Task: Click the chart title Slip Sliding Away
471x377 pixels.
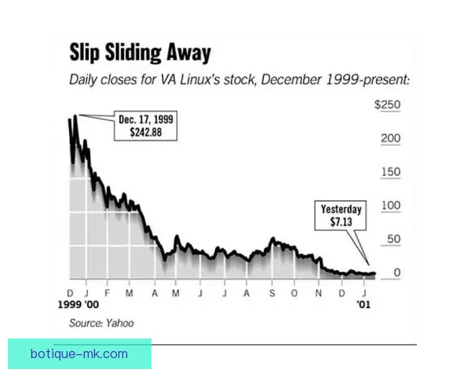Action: [141, 53]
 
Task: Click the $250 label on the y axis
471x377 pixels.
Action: [388, 104]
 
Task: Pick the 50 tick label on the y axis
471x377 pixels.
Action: [394, 240]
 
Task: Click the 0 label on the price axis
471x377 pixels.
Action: [398, 273]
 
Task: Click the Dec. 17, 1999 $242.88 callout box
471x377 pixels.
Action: [146, 126]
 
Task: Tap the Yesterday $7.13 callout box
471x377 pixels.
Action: [341, 216]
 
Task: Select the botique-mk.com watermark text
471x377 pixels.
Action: [78, 353]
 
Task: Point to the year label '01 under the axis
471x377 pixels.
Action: [363, 303]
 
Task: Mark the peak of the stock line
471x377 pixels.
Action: [75, 117]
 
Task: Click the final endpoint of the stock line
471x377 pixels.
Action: [374, 274]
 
